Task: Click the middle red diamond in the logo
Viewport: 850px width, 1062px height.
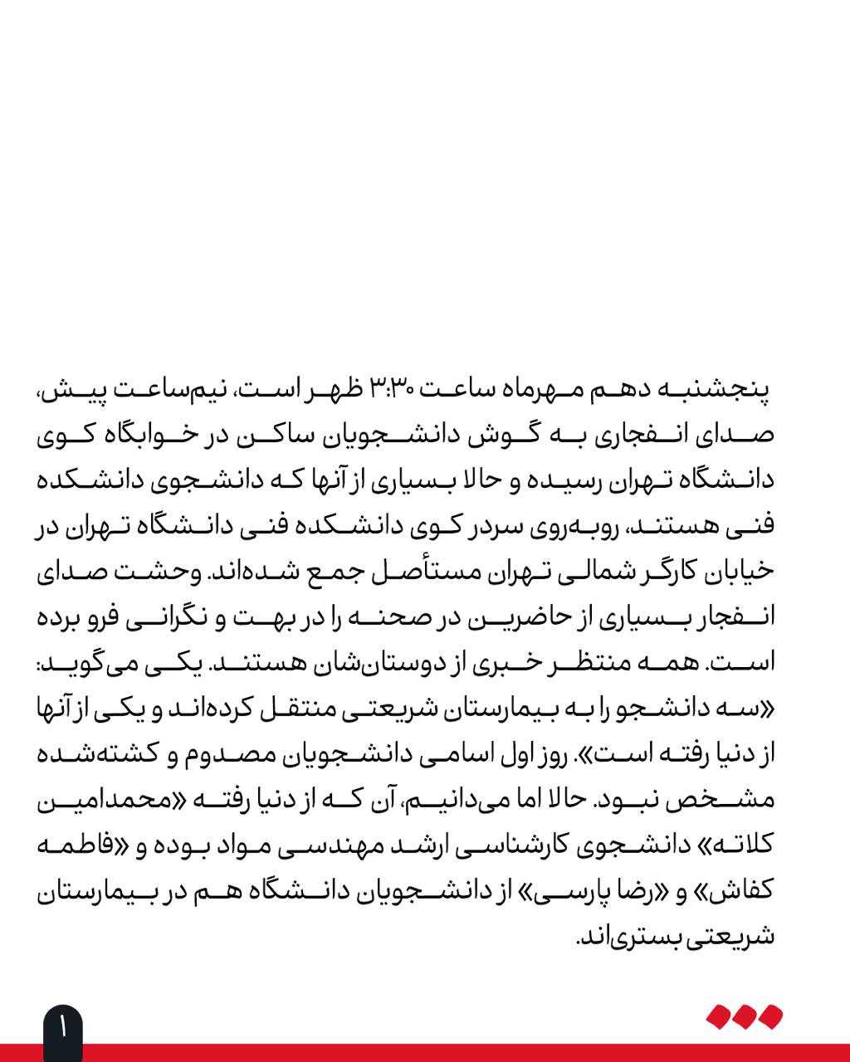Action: coord(745,1016)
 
